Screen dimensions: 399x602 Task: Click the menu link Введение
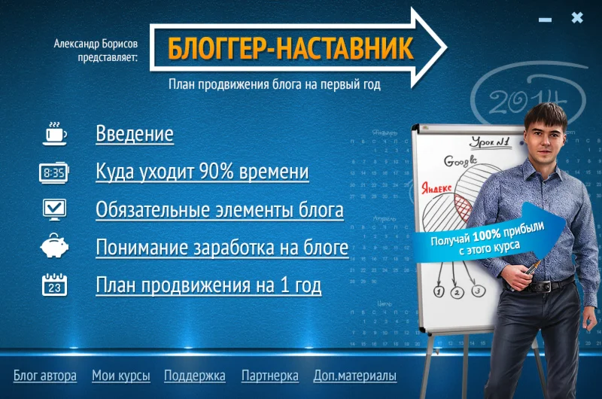[x=135, y=134]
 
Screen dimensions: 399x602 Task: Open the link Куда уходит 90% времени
[x=202, y=172]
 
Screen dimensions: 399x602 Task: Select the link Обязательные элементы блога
[x=220, y=209]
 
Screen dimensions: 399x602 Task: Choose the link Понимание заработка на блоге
[x=222, y=247]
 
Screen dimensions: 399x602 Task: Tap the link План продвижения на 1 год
[x=208, y=285]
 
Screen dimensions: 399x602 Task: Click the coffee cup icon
[x=53, y=133]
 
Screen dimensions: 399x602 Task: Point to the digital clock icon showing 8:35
[x=53, y=172]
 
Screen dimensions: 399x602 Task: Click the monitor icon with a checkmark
[x=53, y=209]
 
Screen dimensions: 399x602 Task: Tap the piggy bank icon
[x=53, y=247]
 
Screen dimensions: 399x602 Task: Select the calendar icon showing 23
[x=53, y=285]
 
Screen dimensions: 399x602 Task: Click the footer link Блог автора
[x=45, y=376]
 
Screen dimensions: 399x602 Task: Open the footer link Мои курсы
[x=121, y=376]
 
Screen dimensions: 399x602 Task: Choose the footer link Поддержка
[x=195, y=376]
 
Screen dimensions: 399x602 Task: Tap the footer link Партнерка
[x=270, y=376]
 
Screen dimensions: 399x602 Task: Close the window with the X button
[x=577, y=18]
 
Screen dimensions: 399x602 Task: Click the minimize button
[x=546, y=20]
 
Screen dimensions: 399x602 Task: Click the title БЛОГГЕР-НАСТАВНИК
[x=290, y=47]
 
